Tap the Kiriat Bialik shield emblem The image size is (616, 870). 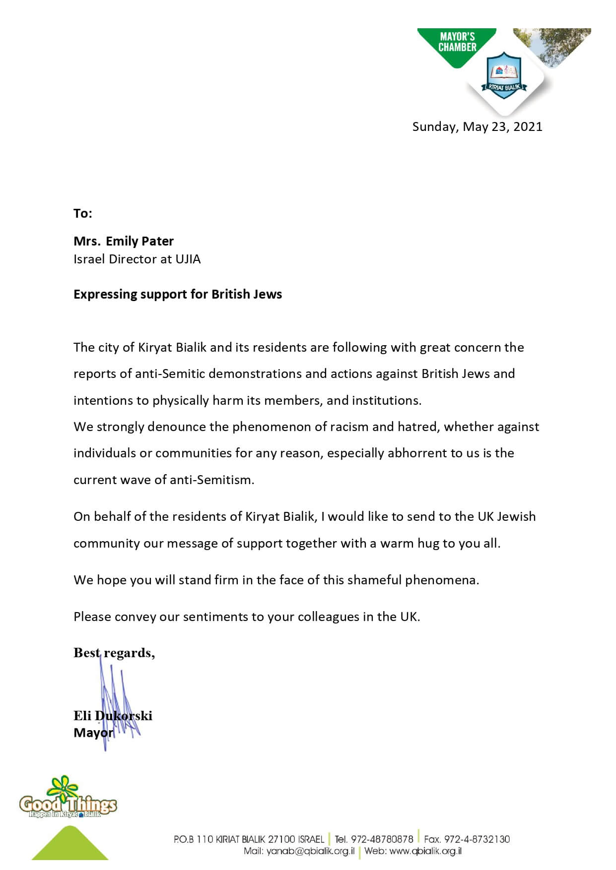[x=504, y=74]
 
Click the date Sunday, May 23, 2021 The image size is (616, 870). [x=477, y=126]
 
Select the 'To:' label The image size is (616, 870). [x=83, y=213]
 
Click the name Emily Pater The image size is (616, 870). [x=139, y=241]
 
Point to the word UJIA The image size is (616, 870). [x=188, y=259]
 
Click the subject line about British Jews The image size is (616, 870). [x=178, y=294]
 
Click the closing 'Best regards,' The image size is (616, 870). [x=114, y=653]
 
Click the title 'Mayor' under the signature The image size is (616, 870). [x=93, y=733]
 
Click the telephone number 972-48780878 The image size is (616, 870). [x=382, y=839]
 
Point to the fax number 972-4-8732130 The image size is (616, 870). [x=477, y=839]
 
